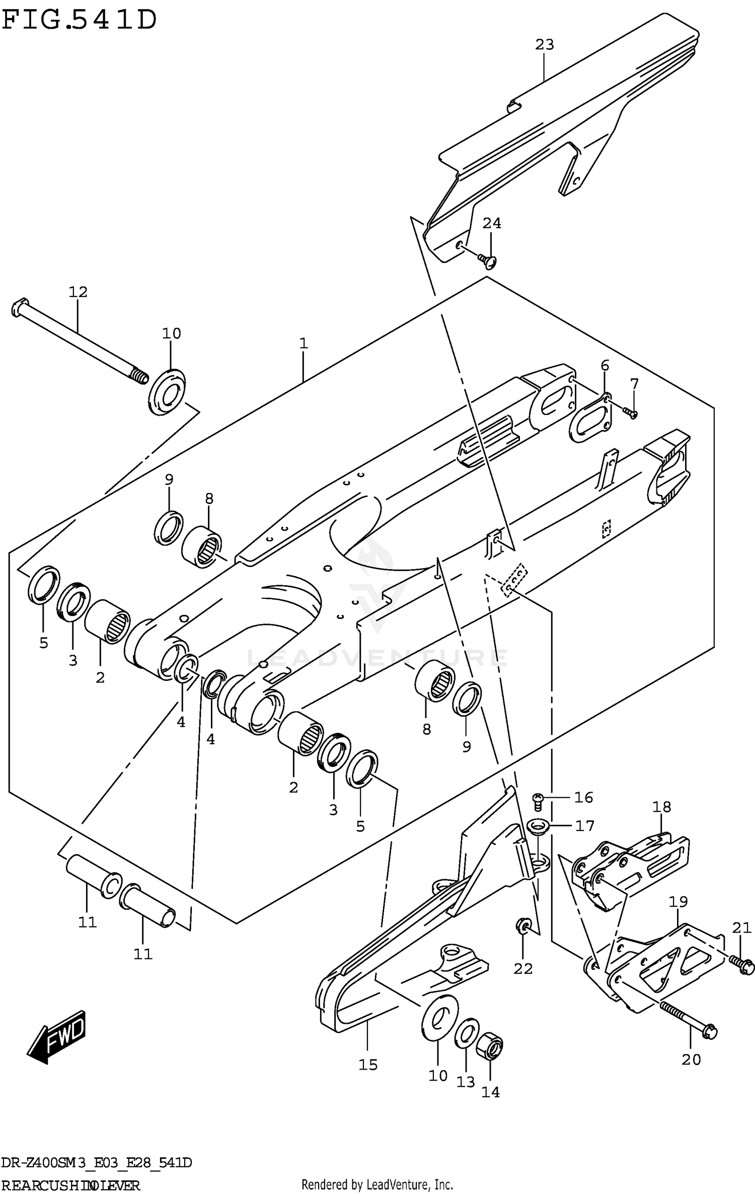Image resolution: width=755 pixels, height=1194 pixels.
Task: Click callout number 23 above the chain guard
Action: point(544,45)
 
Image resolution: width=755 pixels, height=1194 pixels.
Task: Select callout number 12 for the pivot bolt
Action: point(78,292)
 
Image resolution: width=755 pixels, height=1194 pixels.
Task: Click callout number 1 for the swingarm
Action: point(303,343)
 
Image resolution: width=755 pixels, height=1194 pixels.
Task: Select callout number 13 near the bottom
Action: point(466,1082)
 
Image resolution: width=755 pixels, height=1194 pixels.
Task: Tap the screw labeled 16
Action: point(538,799)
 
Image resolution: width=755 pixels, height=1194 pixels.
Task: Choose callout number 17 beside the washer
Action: point(585,826)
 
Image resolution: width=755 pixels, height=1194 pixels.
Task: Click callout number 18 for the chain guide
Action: point(661,807)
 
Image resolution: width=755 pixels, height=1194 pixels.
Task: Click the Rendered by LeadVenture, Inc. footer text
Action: point(377,1185)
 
